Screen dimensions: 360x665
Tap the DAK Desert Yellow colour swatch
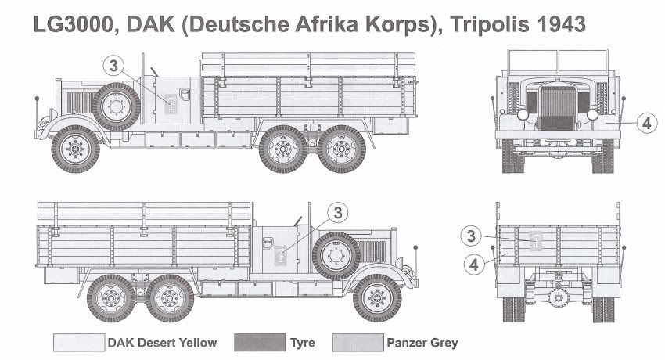78,343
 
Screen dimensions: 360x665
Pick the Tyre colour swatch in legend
262,343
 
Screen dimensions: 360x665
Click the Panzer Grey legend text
422,343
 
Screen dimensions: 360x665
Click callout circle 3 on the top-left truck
114,67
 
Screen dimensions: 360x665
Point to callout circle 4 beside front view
645,123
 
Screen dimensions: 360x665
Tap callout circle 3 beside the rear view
469,235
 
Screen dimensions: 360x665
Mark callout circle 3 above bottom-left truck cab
337,212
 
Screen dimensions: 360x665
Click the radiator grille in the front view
556,108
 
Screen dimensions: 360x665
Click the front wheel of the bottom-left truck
377,297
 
